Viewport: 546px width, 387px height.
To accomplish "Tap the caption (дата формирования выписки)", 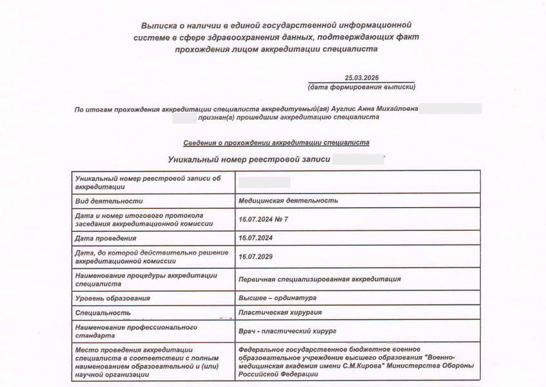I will [x=362, y=86].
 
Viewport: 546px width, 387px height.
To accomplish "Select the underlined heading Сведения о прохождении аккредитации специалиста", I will [x=276, y=143].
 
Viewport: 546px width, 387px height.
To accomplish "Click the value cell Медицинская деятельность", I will [x=288, y=201].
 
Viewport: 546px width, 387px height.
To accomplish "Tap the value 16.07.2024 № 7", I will [x=263, y=219].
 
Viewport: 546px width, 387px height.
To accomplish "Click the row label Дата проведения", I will [x=106, y=238].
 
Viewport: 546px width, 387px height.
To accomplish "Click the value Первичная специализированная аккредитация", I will [x=319, y=279].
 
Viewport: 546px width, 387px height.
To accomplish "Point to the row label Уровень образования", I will [x=113, y=298].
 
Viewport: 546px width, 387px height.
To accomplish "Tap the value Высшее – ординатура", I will [x=277, y=298].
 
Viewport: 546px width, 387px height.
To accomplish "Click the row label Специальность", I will [x=103, y=313].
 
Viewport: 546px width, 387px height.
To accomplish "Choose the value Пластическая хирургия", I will [x=280, y=313].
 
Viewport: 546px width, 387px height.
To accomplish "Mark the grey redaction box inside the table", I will [x=264, y=183].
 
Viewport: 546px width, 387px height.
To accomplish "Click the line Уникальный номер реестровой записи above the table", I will [x=249, y=159].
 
